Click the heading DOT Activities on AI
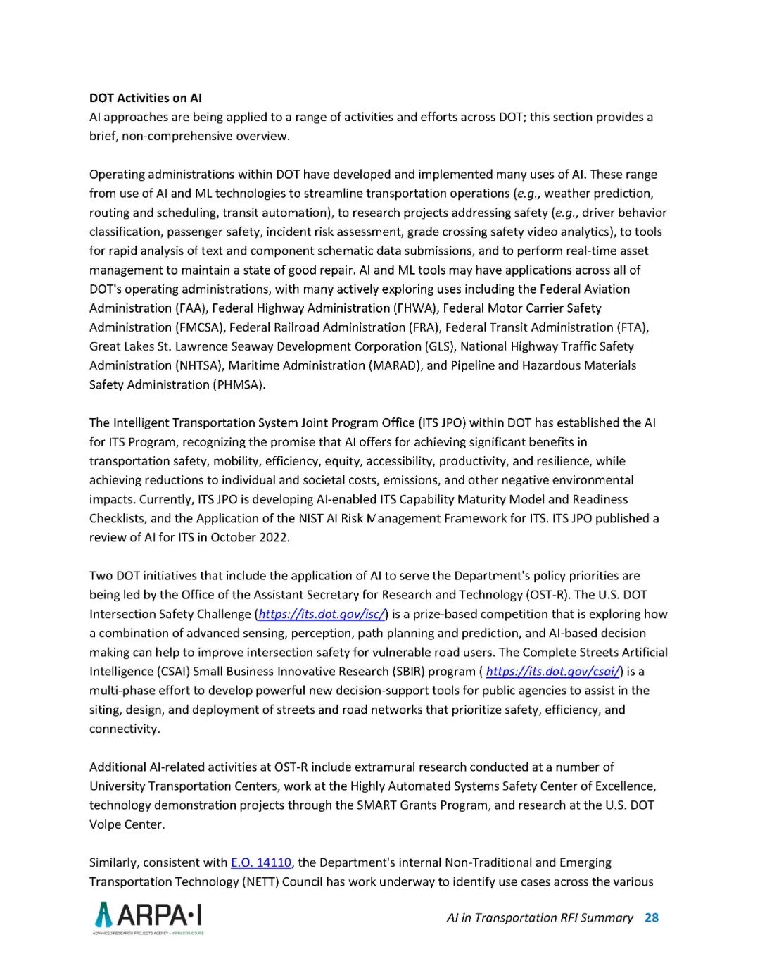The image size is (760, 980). pos(145,98)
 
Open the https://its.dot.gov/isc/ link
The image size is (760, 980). pos(321,614)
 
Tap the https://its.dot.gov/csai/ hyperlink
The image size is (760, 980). pos(554,671)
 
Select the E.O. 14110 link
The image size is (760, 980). pos(260,862)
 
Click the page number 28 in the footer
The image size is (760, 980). pos(652,917)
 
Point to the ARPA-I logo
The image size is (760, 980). pos(148,917)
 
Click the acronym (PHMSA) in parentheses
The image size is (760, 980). pos(238,384)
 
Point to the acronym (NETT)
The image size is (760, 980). pos(260,881)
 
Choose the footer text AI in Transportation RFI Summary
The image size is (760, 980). pos(540,917)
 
